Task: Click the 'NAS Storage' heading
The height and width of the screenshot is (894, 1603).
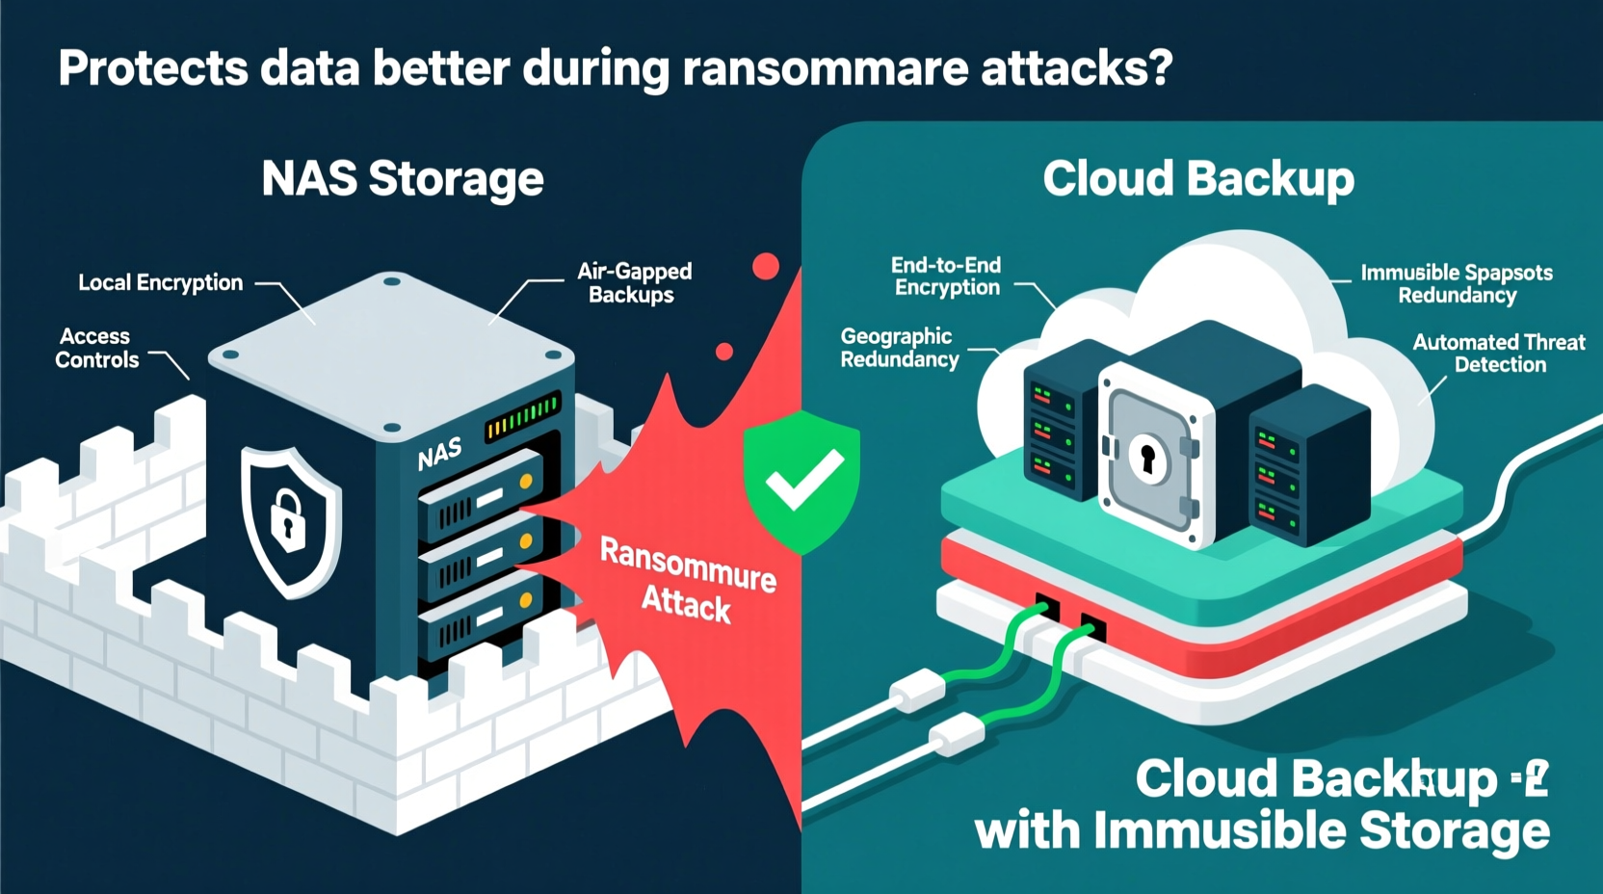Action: pos(403,179)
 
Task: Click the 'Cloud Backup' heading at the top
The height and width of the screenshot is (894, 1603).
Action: pos(1197,179)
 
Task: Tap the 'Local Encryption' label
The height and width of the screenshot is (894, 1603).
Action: pos(161,283)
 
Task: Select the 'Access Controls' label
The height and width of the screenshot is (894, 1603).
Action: pos(96,349)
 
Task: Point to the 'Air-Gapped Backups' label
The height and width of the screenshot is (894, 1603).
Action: pos(634,283)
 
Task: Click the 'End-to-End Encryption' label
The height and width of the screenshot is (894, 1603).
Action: pos(946,276)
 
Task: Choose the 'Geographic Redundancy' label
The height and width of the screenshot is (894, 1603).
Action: pos(899,348)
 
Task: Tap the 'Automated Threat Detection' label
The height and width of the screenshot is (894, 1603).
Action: pos(1499,354)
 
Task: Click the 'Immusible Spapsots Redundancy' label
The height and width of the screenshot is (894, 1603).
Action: pos(1457,284)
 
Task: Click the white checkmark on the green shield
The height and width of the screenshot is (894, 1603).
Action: pos(801,479)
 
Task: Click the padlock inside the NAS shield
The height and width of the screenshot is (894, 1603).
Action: pos(287,518)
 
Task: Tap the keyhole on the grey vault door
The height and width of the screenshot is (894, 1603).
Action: pos(1146,458)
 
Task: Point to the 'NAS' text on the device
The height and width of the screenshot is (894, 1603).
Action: pos(439,453)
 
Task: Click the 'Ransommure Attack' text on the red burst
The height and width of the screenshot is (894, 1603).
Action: pos(687,580)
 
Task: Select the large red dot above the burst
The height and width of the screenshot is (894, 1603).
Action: pos(766,267)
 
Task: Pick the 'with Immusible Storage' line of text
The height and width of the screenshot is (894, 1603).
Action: pos(1262,830)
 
